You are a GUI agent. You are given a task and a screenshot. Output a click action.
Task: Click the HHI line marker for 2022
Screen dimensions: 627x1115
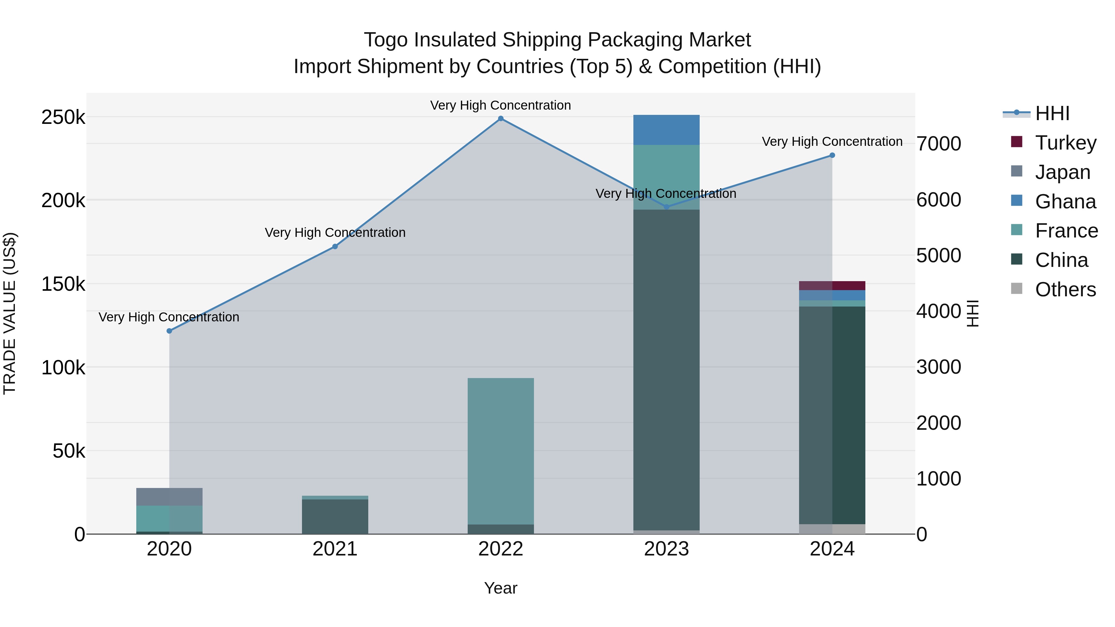(x=501, y=119)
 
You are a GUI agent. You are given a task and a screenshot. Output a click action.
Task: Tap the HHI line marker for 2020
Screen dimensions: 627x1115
(x=169, y=331)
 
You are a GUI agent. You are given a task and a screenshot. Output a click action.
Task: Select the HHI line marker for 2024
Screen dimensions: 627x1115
(x=832, y=155)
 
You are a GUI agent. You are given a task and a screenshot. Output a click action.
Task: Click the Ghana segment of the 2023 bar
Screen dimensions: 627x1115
(x=666, y=130)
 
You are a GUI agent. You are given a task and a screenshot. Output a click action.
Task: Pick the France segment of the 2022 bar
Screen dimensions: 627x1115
(x=501, y=450)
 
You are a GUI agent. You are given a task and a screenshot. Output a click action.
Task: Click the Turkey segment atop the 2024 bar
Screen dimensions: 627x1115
(x=832, y=285)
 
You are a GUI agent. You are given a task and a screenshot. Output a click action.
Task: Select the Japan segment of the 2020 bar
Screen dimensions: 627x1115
(x=169, y=497)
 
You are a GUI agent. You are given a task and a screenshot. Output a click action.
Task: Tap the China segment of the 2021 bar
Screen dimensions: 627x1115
(x=335, y=517)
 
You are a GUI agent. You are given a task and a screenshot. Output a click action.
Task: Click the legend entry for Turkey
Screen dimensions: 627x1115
(x=1065, y=143)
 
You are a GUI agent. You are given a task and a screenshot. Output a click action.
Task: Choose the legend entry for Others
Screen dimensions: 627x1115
(x=1065, y=290)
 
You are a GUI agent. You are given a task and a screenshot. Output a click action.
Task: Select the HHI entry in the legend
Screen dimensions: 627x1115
(x=1052, y=113)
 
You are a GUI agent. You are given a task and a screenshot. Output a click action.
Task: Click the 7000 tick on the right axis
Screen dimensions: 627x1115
(x=938, y=144)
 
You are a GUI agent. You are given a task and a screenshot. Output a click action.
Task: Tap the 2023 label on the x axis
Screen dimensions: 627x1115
(x=666, y=549)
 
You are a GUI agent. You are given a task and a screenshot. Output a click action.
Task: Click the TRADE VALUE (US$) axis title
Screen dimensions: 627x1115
(x=10, y=313)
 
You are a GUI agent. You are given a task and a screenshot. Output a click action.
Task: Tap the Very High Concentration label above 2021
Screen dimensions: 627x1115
(x=335, y=233)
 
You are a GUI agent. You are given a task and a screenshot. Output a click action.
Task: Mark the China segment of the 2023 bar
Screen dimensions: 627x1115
(x=666, y=368)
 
